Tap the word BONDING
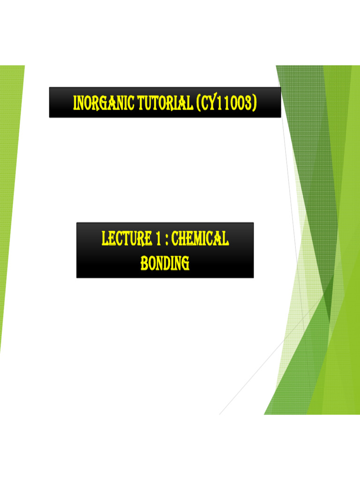[x=165, y=263]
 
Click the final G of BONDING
[x=186, y=264]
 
